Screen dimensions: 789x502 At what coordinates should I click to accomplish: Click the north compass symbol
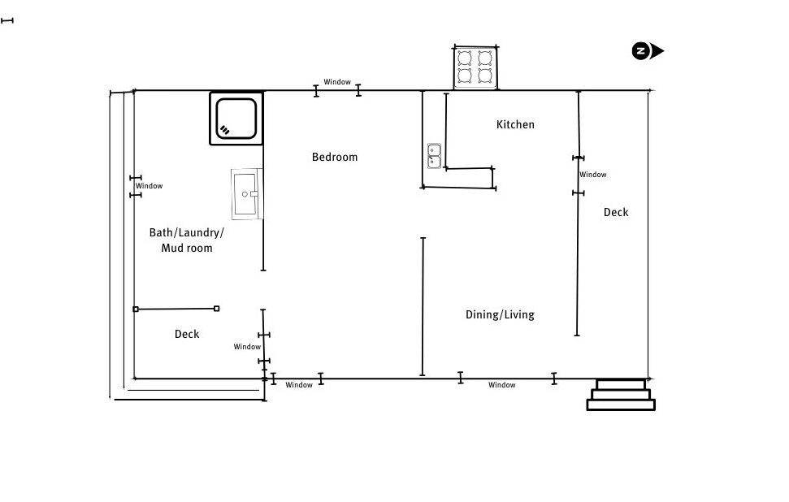tap(648, 51)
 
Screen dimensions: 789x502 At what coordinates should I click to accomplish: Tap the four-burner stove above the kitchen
tap(475, 67)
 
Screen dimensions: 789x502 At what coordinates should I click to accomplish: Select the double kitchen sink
tap(434, 156)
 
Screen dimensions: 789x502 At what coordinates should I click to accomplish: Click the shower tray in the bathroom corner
tap(236, 119)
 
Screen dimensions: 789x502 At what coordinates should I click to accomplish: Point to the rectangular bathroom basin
tap(246, 194)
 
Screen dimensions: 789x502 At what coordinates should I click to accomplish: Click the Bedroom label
tap(335, 157)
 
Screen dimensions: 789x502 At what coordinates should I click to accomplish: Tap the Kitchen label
tap(515, 124)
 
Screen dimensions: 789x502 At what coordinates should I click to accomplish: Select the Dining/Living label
tap(500, 315)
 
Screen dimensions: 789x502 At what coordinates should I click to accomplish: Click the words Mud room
tap(187, 248)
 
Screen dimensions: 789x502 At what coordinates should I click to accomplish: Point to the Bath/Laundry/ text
tap(187, 232)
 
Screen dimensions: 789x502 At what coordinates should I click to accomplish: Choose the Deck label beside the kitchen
tap(616, 212)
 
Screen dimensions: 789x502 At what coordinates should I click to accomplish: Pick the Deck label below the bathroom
tap(187, 334)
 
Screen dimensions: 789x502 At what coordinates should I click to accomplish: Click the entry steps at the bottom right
tap(621, 395)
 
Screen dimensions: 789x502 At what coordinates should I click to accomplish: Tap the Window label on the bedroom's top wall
tap(337, 82)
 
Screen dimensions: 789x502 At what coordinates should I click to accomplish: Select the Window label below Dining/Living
tap(501, 385)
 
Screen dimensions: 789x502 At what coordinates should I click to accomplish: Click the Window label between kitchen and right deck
tap(592, 175)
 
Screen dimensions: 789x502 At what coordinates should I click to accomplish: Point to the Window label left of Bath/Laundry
tap(149, 185)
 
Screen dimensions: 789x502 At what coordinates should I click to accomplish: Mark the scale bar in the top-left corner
tap(7, 20)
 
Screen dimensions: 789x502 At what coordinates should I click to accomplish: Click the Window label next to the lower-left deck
tap(247, 347)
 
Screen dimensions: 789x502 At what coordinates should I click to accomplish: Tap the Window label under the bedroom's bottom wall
tap(299, 385)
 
